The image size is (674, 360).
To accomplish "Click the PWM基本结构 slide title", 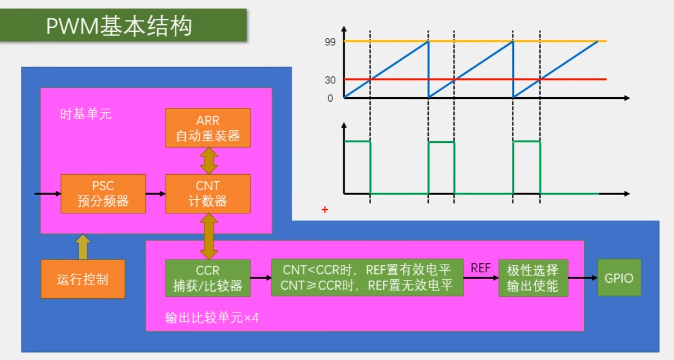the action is point(119,25).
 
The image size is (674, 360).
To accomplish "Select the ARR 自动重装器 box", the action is point(208,128).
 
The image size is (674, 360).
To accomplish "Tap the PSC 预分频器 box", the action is point(103,193).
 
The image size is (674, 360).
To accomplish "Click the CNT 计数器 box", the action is point(208,193).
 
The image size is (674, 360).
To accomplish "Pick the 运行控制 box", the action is point(83,279).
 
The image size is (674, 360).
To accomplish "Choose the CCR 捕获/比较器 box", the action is point(208,278).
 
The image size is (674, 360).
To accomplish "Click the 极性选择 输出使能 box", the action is point(533,278).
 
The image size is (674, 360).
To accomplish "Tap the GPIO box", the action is point(619,278).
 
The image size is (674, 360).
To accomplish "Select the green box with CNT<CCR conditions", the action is point(367,277).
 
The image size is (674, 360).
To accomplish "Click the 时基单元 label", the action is point(86,114).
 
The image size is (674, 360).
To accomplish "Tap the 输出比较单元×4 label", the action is point(212,318).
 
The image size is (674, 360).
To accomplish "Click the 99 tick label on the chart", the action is point(330,41).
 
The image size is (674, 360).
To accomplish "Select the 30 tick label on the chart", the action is point(330,80).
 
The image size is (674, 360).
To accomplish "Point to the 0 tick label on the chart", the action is point(330,98).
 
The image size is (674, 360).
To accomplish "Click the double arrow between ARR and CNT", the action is point(208,160).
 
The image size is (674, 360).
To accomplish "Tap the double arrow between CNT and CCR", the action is point(208,236).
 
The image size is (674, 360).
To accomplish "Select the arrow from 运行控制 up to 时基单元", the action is point(83,247).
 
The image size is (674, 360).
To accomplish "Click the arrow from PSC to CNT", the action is point(156,193).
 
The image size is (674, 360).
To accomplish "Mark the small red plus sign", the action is point(324,210).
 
